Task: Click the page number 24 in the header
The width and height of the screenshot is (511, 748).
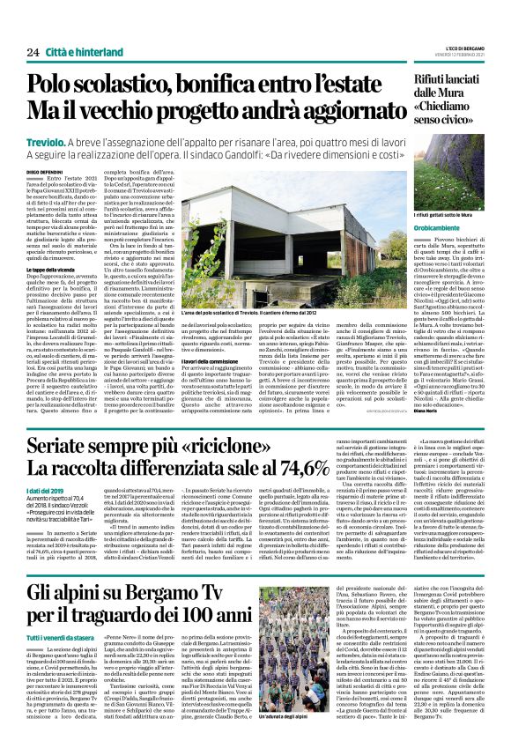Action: pos(33,52)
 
